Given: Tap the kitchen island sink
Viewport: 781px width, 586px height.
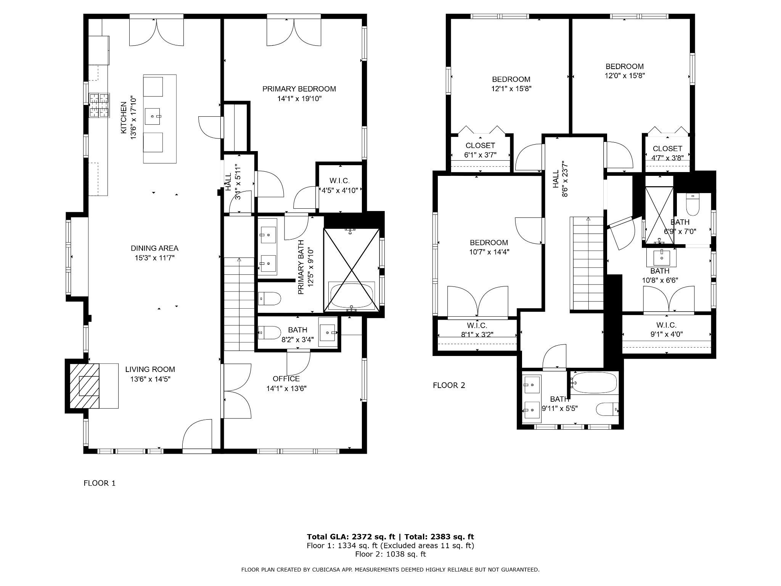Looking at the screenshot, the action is pos(153,116).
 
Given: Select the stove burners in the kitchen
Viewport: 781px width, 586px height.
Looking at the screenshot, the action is pos(99,105).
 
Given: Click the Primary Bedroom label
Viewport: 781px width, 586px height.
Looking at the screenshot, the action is pos(299,89).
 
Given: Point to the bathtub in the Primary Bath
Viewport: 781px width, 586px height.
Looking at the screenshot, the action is pos(352,296).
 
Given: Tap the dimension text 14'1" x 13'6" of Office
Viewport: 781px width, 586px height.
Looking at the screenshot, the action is pos(286,389).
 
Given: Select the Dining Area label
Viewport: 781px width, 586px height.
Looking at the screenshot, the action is pos(154,248).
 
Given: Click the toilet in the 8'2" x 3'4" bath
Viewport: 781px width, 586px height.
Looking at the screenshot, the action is pos(269,332).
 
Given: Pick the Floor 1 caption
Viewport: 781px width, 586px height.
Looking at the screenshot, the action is pos(100,483).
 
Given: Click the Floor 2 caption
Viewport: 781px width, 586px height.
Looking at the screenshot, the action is pos(449,385).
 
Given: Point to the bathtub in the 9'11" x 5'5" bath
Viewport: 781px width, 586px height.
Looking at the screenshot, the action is pos(594,383).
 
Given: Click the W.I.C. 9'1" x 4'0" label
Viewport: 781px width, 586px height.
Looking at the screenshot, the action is pos(667,330).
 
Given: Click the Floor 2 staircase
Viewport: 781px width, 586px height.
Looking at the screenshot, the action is pos(587,264).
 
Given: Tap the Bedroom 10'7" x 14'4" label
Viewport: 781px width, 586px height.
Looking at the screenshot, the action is pos(489,247).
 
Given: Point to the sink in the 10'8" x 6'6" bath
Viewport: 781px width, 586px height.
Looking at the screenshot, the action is pos(661,258).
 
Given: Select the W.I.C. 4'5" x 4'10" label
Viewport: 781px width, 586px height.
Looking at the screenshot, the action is pos(340,185).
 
